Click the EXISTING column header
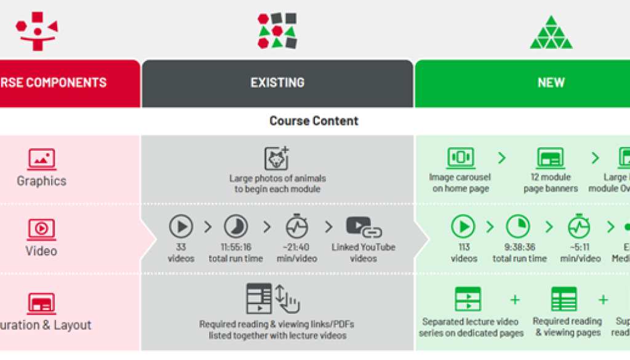click(x=277, y=82)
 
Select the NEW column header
click(x=551, y=82)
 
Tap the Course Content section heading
click(x=314, y=121)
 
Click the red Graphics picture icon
click(x=42, y=159)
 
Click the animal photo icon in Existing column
click(x=277, y=158)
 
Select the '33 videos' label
click(x=181, y=253)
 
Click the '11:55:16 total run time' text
click(x=236, y=253)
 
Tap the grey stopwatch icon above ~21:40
click(x=297, y=226)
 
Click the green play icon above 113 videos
click(x=463, y=226)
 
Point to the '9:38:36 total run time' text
click(x=519, y=253)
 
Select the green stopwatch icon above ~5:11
click(x=580, y=226)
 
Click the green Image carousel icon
click(x=460, y=158)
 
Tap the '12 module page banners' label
click(x=551, y=183)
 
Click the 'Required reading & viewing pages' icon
click(x=564, y=299)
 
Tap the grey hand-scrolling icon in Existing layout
click(x=287, y=299)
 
